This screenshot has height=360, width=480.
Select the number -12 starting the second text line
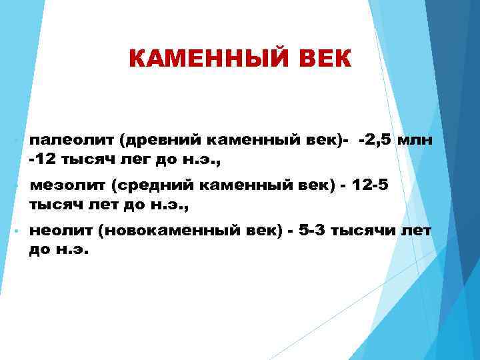(x=41, y=160)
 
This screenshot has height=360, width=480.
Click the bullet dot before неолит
(x=16, y=231)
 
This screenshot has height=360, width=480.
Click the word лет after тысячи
(x=417, y=230)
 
